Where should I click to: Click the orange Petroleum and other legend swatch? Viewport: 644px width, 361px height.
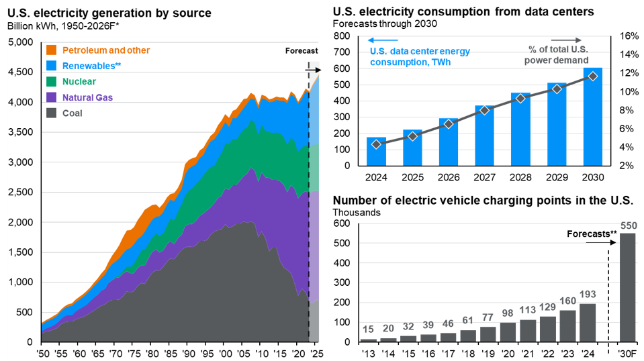[50, 50]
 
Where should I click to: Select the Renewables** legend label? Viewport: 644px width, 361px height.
[88, 66]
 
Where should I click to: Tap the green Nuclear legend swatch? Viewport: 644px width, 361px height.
[50, 82]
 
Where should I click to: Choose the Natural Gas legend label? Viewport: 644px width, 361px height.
[87, 97]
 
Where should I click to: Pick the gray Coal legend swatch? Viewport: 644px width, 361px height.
[50, 113]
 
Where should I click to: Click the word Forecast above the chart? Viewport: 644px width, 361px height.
[301, 51]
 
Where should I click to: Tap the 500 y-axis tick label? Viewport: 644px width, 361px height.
[24, 313]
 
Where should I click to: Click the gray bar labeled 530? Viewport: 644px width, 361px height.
[627, 287]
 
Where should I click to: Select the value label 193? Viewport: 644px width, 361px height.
[587, 294]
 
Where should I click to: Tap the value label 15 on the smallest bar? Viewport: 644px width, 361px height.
[368, 329]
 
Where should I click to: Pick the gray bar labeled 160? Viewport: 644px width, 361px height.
[567, 325]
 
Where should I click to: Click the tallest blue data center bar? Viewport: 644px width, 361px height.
[592, 116]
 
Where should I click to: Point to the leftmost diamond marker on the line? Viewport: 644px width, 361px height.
[376, 144]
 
